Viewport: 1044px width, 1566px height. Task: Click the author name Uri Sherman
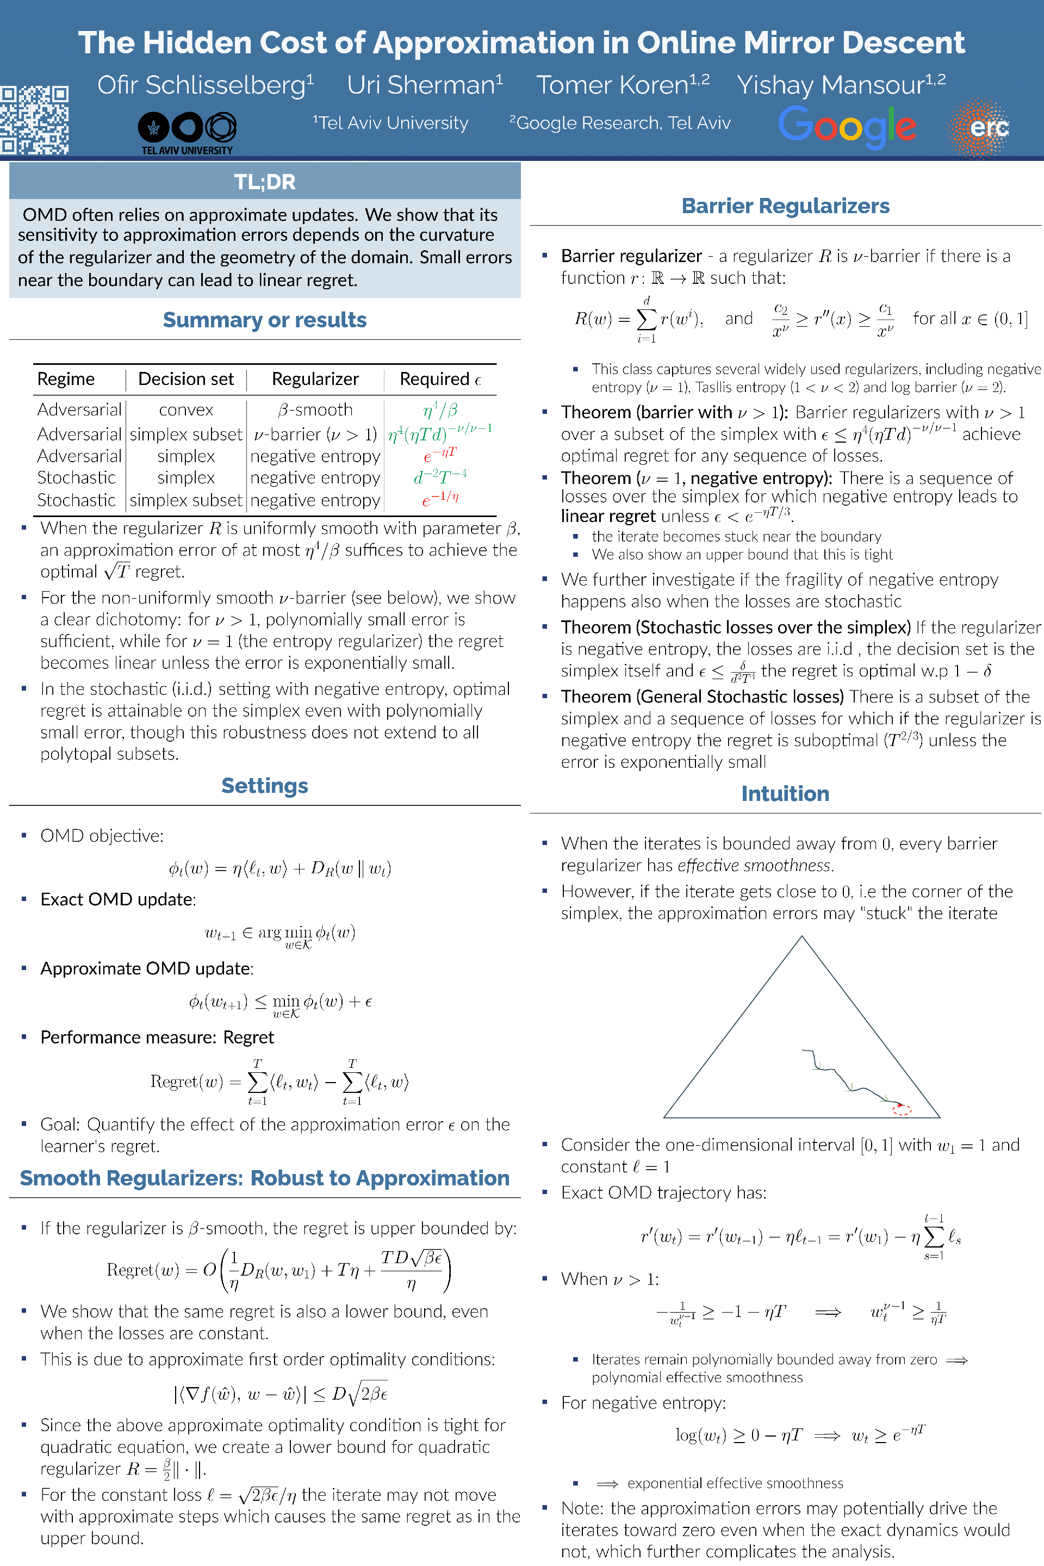point(425,85)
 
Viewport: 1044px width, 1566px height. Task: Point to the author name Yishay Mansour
point(840,85)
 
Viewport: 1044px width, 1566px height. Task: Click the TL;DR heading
point(264,182)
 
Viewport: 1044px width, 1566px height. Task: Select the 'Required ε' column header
point(440,379)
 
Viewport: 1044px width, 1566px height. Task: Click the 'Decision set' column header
point(186,379)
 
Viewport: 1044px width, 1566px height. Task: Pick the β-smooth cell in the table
point(315,409)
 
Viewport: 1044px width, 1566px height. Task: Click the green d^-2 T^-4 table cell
point(440,477)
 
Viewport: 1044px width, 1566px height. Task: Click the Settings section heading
point(264,786)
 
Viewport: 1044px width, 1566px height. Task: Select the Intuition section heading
point(785,794)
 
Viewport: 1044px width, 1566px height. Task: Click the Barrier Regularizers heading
point(785,206)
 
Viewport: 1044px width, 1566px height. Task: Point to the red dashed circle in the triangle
point(902,1109)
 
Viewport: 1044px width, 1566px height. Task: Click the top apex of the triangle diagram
point(801,937)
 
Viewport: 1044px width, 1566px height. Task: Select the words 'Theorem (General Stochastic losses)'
point(702,697)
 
